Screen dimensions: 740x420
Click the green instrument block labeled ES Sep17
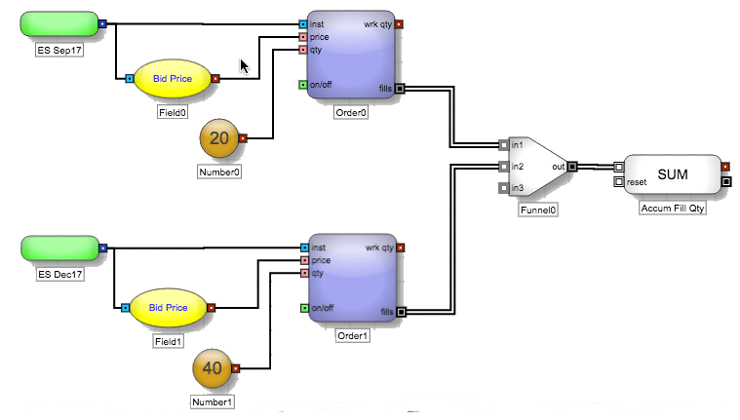point(59,24)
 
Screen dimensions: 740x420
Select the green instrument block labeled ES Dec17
point(59,248)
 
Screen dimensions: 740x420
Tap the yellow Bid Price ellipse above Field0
point(173,79)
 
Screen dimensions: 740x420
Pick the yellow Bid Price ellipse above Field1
point(168,308)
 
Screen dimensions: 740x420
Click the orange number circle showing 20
point(219,138)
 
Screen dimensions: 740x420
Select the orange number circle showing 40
point(212,368)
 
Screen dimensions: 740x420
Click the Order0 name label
point(351,113)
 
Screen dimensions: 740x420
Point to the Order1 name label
point(353,336)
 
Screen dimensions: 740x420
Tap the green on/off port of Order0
point(303,85)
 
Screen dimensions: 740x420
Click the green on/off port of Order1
point(305,308)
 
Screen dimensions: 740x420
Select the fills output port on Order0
point(400,89)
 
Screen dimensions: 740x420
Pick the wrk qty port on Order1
point(400,248)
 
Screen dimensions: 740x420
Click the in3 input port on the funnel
point(504,188)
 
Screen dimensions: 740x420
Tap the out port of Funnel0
point(572,167)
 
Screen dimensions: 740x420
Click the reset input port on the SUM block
point(619,181)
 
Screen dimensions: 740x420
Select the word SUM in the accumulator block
point(673,174)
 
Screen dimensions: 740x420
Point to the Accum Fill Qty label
point(673,209)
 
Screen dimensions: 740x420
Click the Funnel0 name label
point(538,210)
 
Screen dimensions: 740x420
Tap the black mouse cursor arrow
point(244,66)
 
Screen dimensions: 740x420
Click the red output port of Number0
point(243,138)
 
